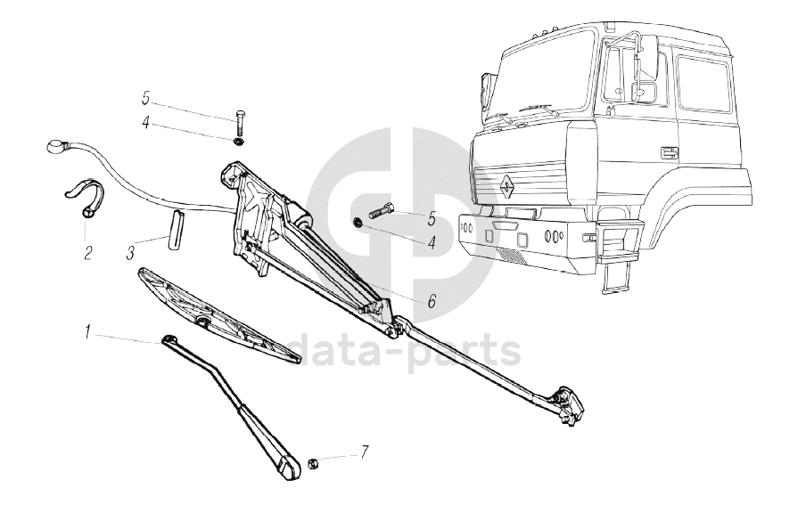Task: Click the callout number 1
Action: click(x=87, y=333)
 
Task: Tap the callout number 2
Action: click(x=87, y=252)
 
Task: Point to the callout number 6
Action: click(x=432, y=300)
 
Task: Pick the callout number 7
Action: click(x=365, y=452)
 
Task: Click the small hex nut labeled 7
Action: click(x=314, y=462)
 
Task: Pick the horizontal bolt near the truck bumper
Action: click(x=377, y=213)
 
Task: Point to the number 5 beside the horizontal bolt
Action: click(x=432, y=216)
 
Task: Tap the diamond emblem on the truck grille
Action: click(x=505, y=184)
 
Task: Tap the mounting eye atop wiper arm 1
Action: click(x=169, y=338)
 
